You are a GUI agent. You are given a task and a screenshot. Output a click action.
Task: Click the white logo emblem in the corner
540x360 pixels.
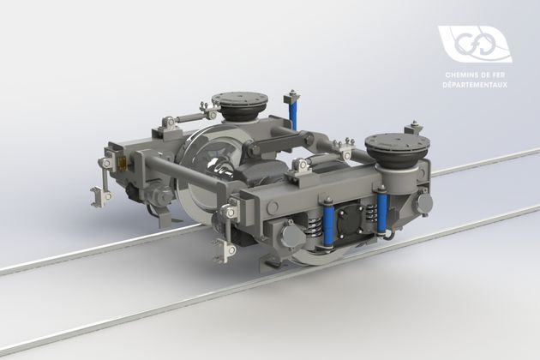(474, 45)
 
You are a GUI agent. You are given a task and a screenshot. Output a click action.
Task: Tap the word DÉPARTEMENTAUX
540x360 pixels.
(476, 84)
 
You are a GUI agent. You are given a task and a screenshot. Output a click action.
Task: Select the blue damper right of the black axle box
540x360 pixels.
(382, 214)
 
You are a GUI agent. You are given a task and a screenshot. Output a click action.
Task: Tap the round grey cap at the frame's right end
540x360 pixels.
(423, 203)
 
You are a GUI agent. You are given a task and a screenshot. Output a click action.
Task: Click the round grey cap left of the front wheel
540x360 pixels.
(289, 233)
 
